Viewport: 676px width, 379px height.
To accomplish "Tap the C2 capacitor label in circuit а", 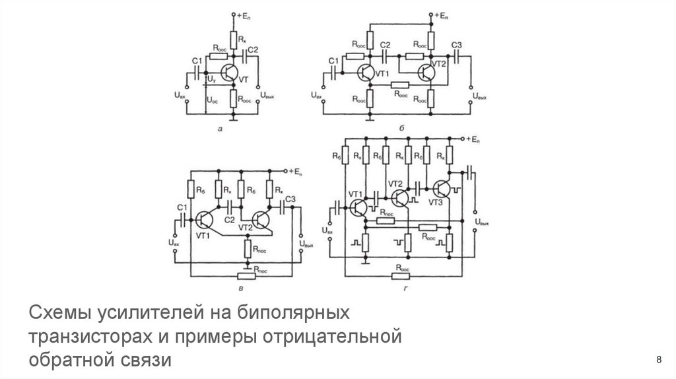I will pos(253,50).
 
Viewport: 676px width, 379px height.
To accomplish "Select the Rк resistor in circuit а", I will pos(233,37).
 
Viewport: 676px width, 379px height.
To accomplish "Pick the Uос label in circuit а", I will pos(211,101).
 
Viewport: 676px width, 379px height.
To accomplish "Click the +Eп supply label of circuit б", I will pos(440,15).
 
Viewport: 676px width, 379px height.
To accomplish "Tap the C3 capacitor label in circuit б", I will pos(457,45).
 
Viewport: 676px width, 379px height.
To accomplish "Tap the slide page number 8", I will pos(658,359).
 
